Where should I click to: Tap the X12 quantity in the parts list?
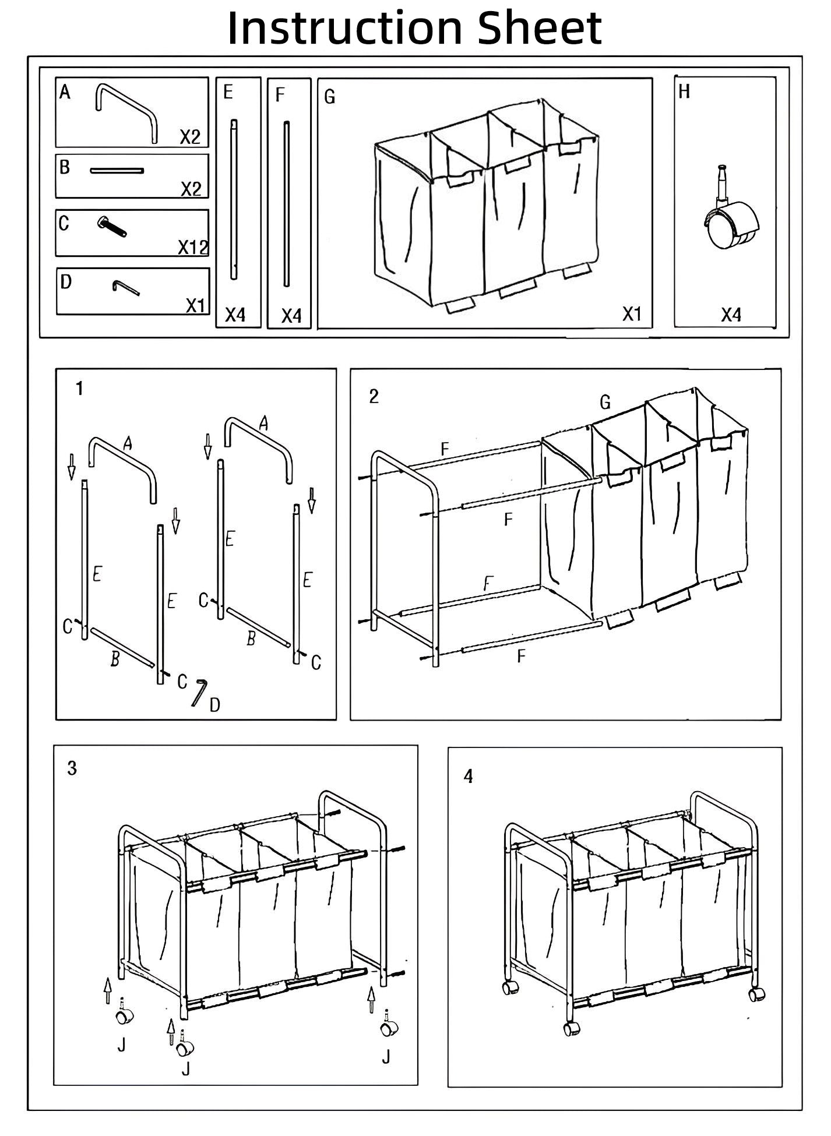click(x=193, y=248)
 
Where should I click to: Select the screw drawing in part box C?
click(x=112, y=226)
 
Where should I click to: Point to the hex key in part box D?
click(x=125, y=287)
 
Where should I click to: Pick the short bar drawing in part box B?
click(x=117, y=171)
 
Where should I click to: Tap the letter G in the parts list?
click(x=330, y=97)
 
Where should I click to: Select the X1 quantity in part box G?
click(x=632, y=314)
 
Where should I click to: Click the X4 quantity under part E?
click(x=235, y=315)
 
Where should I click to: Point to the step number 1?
click(x=80, y=389)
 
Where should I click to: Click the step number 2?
click(x=374, y=396)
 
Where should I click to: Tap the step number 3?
click(x=72, y=768)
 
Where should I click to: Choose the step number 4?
click(x=469, y=776)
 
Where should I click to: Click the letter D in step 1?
click(x=215, y=705)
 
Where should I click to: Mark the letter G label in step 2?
click(x=605, y=402)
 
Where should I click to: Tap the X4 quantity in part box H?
click(x=731, y=315)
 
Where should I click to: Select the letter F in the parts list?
click(x=280, y=95)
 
